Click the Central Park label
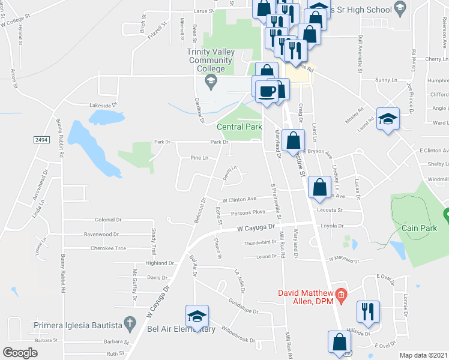coord(239,127)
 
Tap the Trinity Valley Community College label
coord(209,60)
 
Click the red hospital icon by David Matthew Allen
coord(341,293)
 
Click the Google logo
coord(20,352)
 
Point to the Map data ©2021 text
coord(423,355)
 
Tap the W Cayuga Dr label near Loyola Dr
coord(255,228)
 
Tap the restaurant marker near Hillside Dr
coord(367,311)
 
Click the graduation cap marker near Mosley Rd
coord(387,118)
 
